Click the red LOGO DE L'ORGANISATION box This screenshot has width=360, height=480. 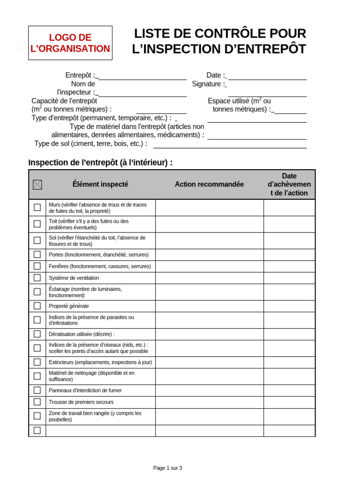[70, 43]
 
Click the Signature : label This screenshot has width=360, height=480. [208, 84]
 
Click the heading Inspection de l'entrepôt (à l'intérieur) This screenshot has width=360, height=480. [100, 163]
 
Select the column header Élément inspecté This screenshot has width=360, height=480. [100, 184]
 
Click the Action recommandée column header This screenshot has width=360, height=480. [209, 184]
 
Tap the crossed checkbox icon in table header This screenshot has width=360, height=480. [37, 185]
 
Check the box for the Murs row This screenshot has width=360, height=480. [37, 208]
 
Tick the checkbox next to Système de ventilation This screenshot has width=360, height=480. [37, 278]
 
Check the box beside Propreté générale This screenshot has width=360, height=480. [37, 306]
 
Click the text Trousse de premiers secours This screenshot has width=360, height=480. [81, 402]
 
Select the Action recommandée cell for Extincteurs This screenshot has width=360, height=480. [209, 362]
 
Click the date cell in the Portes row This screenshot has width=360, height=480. [289, 255]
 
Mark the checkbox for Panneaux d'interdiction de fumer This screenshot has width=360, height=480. [37, 390]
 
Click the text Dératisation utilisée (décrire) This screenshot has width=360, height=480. [82, 334]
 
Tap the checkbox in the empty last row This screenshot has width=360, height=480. [37, 430]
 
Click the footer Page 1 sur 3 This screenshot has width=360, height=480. [167, 468]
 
